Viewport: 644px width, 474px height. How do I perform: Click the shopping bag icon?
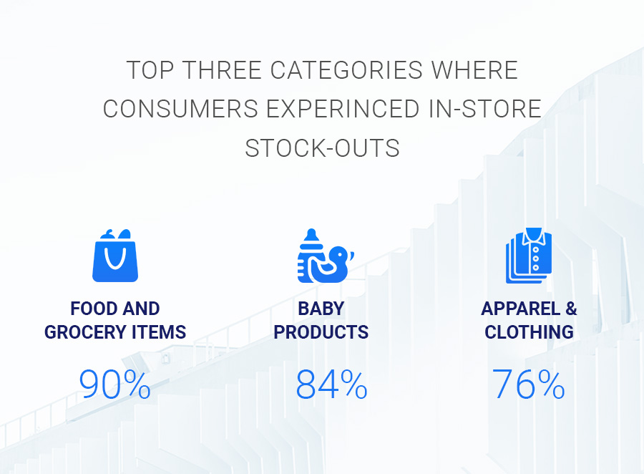coord(115,256)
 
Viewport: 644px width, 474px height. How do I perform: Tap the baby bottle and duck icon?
coord(326,256)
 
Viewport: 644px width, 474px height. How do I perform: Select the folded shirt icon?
coord(529,256)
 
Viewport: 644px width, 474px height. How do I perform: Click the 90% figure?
coord(114,384)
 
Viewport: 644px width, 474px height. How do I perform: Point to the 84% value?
coord(331,384)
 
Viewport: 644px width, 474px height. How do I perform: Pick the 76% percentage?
coord(529,384)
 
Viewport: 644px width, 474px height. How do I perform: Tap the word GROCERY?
coord(85,332)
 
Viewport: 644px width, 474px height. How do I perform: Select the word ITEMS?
coord(159,332)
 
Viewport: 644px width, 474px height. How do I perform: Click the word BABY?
coord(321,309)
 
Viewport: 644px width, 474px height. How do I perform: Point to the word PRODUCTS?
coord(321,332)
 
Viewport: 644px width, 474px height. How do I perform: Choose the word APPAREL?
coord(520,309)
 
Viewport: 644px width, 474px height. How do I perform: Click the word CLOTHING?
coord(529,332)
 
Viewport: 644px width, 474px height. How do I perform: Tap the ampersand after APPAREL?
coord(571,309)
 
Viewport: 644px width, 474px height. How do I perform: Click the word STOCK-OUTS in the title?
coord(323,148)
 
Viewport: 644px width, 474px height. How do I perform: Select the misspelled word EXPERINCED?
coord(343,110)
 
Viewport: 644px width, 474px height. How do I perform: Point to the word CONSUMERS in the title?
coord(181,110)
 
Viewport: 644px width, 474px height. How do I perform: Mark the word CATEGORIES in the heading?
coord(346,70)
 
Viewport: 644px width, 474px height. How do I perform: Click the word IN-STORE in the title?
coord(485,110)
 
